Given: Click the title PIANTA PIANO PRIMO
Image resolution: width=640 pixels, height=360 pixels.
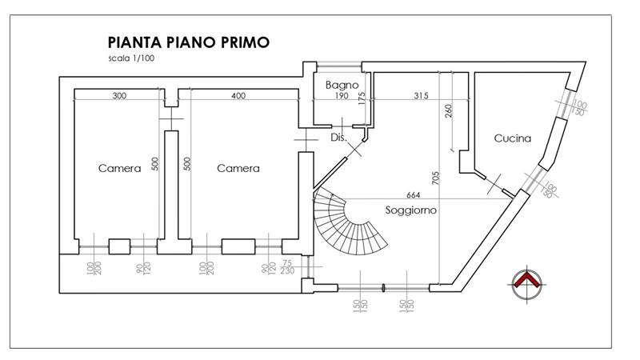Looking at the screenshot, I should tap(188, 42).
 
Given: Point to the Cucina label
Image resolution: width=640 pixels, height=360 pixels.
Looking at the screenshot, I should tap(512, 138).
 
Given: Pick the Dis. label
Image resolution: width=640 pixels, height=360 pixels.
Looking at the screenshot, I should tap(338, 138).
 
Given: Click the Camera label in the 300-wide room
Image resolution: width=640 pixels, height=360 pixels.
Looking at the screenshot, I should tap(119, 168).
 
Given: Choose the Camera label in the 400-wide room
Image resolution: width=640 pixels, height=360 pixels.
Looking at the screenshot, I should tap(238, 168).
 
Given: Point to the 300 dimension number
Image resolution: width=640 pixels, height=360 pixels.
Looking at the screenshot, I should tap(119, 96).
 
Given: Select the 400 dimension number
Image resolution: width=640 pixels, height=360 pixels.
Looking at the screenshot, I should tap(238, 96).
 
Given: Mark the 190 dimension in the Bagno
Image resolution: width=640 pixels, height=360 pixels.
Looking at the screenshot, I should tap(342, 96).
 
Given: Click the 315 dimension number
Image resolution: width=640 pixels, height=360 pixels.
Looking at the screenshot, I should tap(421, 96).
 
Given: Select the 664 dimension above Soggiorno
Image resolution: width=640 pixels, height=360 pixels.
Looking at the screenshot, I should tap(413, 195).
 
